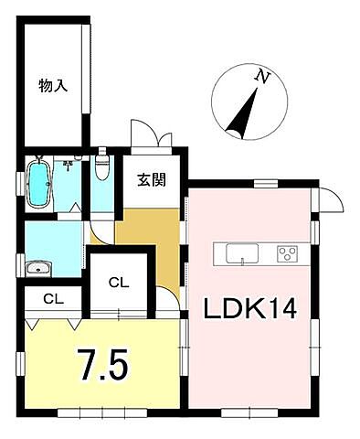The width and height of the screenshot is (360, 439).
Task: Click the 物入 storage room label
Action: (53, 87)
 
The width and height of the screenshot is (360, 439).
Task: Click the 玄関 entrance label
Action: (152, 179)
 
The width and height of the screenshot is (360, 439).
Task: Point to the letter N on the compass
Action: (263, 78)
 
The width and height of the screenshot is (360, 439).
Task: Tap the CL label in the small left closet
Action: (52, 299)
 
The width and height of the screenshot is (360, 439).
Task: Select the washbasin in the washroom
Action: (38, 267)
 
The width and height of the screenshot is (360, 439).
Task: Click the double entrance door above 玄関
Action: (151, 137)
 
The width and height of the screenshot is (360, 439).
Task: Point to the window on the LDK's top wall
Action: (264, 185)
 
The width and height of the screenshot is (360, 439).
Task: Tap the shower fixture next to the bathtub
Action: (69, 166)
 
